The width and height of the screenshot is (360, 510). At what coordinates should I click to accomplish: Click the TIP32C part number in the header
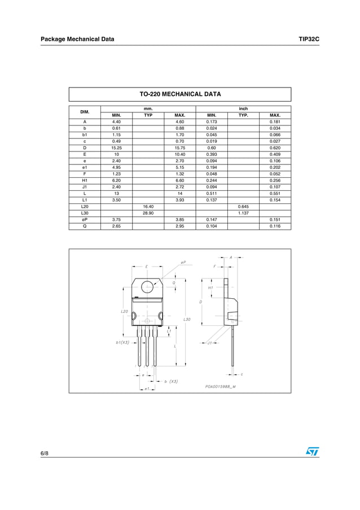309,39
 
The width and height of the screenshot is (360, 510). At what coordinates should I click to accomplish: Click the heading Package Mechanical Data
77,39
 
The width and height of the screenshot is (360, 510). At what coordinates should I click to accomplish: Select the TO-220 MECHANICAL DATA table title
180,94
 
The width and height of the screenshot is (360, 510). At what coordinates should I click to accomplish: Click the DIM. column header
85,111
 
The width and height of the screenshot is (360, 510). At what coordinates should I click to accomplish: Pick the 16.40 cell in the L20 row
148,207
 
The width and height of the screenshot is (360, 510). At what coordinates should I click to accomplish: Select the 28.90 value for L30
148,213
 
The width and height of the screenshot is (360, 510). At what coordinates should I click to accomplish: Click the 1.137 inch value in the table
243,213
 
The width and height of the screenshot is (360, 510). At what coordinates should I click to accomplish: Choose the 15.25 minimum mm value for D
116,148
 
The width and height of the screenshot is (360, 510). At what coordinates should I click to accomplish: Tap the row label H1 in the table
85,180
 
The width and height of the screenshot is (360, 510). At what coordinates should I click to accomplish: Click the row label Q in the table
85,226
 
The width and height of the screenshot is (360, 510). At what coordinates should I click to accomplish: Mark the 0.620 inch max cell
275,148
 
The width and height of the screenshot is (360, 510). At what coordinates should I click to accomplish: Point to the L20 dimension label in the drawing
124,311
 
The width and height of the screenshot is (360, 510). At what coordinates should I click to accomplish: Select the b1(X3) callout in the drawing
120,342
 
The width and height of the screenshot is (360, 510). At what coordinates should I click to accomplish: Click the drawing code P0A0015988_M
217,386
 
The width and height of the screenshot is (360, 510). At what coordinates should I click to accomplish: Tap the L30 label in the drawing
187,320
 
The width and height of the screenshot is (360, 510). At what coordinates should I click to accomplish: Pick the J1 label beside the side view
210,342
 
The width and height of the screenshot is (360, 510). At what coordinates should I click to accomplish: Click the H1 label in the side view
210,287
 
